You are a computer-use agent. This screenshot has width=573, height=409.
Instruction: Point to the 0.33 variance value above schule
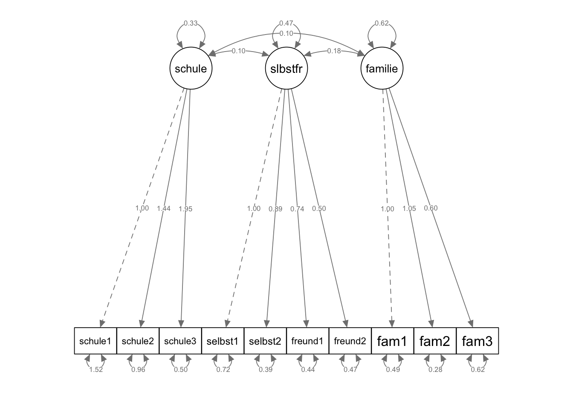coord(191,23)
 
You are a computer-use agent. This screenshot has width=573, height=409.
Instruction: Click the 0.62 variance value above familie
coord(382,23)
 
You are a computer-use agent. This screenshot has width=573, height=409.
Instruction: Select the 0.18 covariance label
coord(334,51)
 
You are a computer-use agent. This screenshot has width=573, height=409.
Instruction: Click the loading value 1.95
coord(185,209)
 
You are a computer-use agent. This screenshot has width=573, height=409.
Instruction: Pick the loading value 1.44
coord(163,209)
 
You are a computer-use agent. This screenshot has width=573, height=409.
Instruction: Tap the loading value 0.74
coord(297,209)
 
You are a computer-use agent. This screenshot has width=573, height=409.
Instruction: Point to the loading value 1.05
coord(409,209)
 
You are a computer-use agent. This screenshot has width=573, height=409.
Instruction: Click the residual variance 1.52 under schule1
coord(96,370)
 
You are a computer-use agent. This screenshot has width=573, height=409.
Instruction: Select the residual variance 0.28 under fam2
coord(435,370)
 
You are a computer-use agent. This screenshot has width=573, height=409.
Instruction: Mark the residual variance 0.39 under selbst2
coord(266,370)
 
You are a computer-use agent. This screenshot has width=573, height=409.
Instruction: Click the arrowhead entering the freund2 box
coord(346,324)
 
